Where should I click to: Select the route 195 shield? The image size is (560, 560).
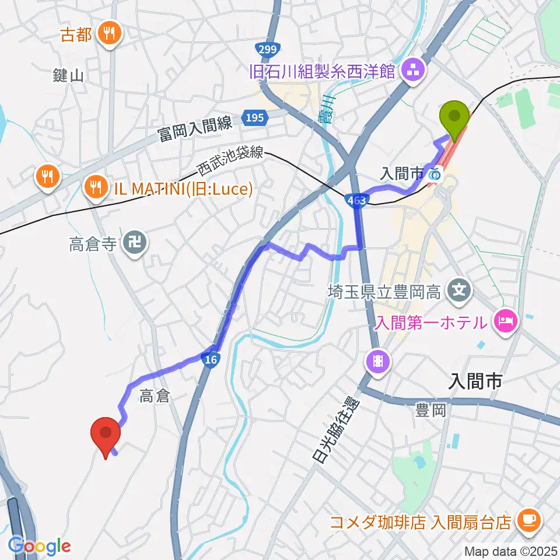click(254, 118)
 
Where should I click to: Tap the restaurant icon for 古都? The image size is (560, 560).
click(109, 33)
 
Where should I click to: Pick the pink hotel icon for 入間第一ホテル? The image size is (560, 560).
click(503, 321)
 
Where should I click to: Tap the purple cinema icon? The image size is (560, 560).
click(378, 362)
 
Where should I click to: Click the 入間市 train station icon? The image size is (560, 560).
click(434, 173)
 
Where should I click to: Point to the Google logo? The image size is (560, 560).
click(39, 546)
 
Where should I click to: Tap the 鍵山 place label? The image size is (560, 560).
click(68, 75)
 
